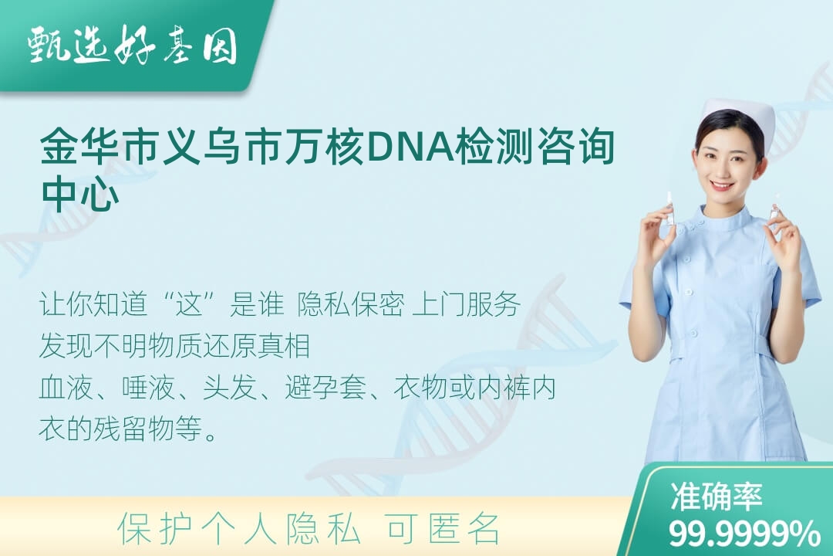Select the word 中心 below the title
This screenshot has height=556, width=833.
[x=80, y=194]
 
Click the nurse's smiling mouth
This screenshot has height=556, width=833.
[x=723, y=187]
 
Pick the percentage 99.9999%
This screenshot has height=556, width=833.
[x=744, y=533]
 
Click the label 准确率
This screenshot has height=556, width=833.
[x=717, y=497]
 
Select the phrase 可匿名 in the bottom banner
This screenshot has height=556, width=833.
[x=443, y=529]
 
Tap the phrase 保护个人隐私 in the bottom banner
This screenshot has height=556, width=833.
[x=239, y=529]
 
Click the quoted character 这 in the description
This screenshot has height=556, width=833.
[x=190, y=304]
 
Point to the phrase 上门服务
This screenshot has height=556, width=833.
[x=466, y=304]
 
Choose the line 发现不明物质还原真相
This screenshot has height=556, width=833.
[x=175, y=346]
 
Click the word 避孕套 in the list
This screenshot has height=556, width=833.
[x=325, y=388]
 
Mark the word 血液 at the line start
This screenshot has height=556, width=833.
[x=66, y=388]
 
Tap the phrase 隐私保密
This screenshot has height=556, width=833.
[x=351, y=304]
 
